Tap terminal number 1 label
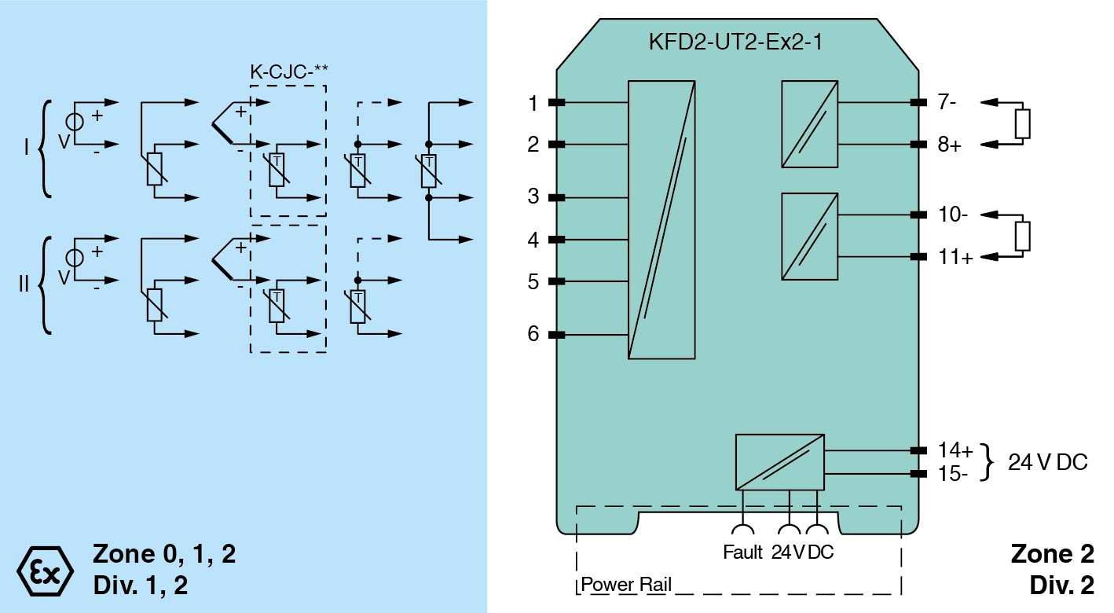(533, 103)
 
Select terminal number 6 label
(533, 335)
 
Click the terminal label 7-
(947, 102)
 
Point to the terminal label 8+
(949, 145)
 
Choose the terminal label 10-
(952, 215)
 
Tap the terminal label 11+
(955, 257)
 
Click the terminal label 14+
(955, 450)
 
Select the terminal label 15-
(953, 473)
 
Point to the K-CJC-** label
(288, 70)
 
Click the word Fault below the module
(742, 552)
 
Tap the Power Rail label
(626, 585)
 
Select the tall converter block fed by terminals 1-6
(661, 219)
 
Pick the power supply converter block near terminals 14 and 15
(779, 462)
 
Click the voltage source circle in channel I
(75, 123)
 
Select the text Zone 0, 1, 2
(164, 554)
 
